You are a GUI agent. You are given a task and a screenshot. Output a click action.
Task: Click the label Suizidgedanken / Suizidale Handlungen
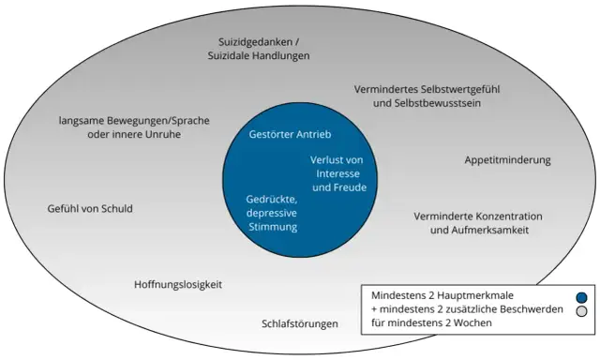pyautogui.click(x=258, y=48)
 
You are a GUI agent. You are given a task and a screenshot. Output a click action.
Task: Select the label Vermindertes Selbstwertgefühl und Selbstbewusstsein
pyautogui.click(x=427, y=96)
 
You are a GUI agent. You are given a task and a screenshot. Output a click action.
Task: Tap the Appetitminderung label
pyautogui.click(x=507, y=159)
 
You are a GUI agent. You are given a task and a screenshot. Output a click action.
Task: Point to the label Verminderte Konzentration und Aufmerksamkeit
pyautogui.click(x=478, y=222)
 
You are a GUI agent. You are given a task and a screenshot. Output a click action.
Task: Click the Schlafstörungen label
pyautogui.click(x=300, y=324)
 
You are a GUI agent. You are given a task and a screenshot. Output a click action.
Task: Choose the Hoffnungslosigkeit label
pyautogui.click(x=178, y=284)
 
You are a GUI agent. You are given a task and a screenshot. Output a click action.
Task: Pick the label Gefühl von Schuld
pyautogui.click(x=90, y=208)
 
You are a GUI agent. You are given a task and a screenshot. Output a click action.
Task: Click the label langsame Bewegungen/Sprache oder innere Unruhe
pyautogui.click(x=133, y=127)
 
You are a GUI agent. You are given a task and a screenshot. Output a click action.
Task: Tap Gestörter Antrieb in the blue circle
pyautogui.click(x=290, y=134)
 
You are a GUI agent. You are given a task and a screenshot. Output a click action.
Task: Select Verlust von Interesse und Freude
pyautogui.click(x=337, y=173)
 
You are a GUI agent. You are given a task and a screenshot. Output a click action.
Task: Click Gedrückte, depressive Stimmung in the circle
pyautogui.click(x=271, y=213)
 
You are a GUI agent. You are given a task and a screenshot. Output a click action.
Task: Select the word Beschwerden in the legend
pyautogui.click(x=530, y=309)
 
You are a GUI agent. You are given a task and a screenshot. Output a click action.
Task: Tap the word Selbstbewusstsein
pyautogui.click(x=441, y=103)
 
